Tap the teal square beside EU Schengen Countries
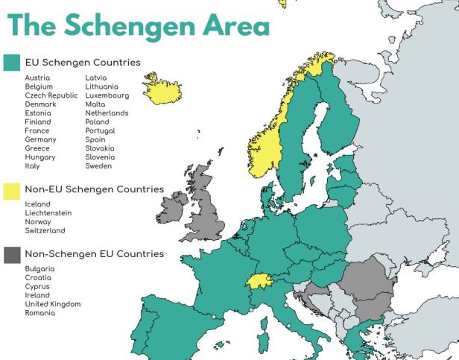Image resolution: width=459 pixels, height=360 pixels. [12, 63]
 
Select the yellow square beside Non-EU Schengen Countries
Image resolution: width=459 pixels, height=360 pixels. [12, 189]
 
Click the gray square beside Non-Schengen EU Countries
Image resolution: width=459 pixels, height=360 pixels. [12, 254]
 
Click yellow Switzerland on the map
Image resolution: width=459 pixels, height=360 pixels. [257, 281]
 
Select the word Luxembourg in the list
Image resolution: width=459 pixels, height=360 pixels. [107, 95]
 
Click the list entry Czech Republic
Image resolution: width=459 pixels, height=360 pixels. [51, 95]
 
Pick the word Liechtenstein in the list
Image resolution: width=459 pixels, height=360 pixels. [48, 213]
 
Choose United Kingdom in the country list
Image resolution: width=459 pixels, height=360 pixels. [52, 304]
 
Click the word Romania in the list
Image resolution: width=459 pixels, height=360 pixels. [39, 313]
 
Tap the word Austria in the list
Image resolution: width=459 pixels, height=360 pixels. [37, 78]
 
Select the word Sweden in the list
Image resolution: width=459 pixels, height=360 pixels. [100, 166]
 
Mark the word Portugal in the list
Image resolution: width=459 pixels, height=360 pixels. [101, 130]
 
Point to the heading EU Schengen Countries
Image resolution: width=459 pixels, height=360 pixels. [83, 63]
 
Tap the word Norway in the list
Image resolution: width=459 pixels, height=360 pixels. [38, 222]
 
